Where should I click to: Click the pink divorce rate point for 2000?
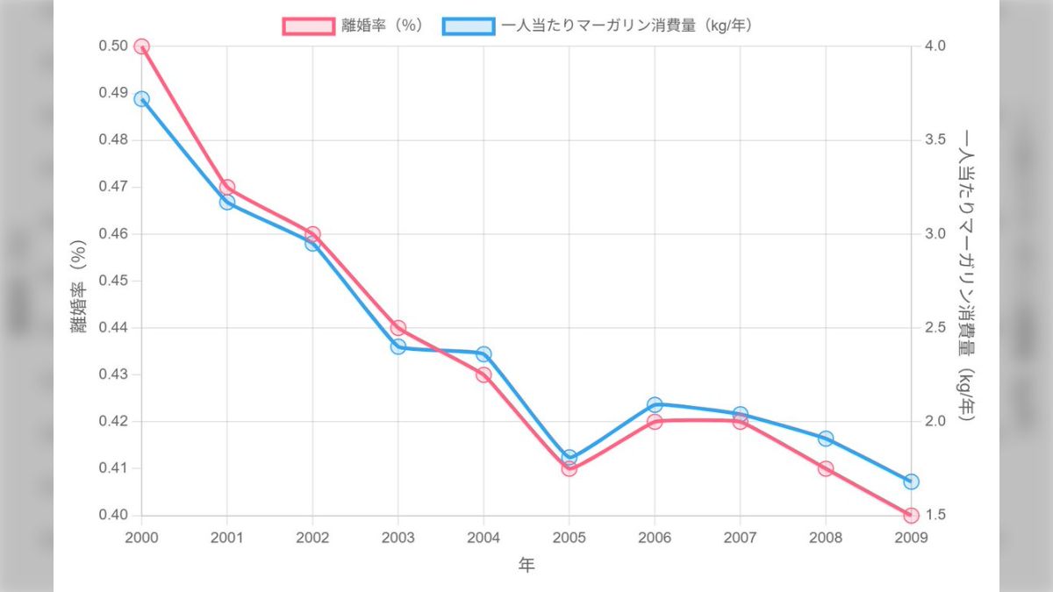coord(141,46)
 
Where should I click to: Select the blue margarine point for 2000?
coord(141,99)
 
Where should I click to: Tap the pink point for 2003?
coord(398,328)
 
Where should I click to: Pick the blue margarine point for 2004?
coord(484,353)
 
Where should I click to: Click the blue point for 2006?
coord(655,404)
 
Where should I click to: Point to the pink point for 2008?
coord(826,468)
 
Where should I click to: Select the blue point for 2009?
coord(911,481)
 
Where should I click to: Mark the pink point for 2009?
coord(911,515)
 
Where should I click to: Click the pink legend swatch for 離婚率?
coord(308,25)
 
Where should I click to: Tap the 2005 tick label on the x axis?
coord(569,538)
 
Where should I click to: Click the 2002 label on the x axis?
coord(312,538)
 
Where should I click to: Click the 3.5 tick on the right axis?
coord(936,140)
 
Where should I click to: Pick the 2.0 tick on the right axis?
coord(936,421)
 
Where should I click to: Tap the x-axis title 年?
coord(526,566)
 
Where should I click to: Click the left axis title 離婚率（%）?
coord(79,287)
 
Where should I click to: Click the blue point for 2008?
coord(826,438)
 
